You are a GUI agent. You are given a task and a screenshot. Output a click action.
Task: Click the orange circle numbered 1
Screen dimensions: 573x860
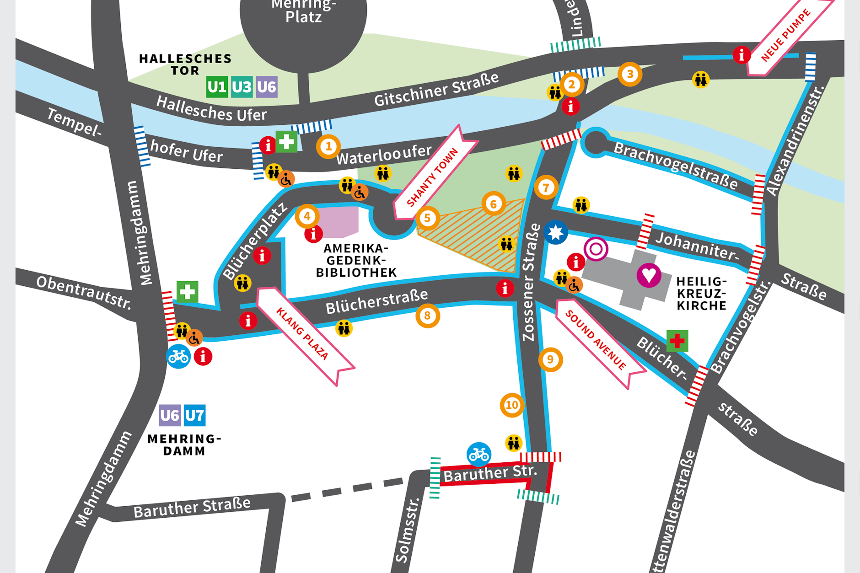point(328,147)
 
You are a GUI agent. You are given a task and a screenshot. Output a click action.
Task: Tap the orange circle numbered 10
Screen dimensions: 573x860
point(512,405)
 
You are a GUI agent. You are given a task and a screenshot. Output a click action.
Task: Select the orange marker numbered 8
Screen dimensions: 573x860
point(427,316)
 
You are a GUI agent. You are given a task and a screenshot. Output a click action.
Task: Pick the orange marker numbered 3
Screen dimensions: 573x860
point(630,74)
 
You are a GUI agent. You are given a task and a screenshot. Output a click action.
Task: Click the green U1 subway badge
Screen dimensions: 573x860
point(217,87)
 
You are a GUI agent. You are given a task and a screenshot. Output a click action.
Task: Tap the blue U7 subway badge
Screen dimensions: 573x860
point(194,415)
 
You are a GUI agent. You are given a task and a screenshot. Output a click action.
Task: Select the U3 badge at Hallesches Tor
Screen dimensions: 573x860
point(242,87)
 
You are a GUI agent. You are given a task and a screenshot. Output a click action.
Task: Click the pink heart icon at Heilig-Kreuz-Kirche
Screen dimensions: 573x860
point(649,275)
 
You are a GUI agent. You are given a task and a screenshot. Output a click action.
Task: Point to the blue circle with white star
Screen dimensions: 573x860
point(556,232)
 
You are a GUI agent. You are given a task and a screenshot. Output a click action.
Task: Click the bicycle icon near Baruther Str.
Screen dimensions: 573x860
point(479,454)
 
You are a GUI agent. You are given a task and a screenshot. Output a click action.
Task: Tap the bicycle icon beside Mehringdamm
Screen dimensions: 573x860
point(178,356)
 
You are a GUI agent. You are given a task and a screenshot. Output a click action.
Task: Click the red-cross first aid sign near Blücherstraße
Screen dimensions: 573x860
point(677,341)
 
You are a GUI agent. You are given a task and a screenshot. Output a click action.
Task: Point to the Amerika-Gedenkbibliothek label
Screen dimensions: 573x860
point(356,261)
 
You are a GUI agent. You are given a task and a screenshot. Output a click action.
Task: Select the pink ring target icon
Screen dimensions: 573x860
point(596,249)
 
